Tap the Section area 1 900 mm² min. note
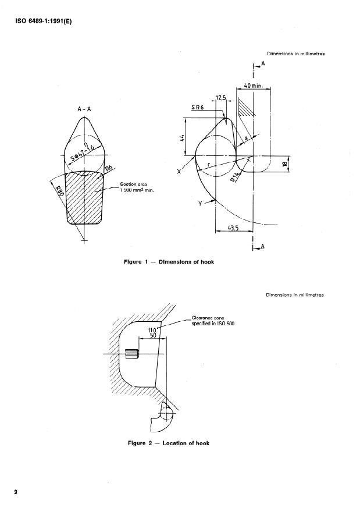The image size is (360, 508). point(136,187)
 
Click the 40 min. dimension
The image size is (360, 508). point(254,85)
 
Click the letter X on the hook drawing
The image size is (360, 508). point(179,172)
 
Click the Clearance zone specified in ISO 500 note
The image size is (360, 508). point(212,321)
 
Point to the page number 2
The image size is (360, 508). point(16,492)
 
